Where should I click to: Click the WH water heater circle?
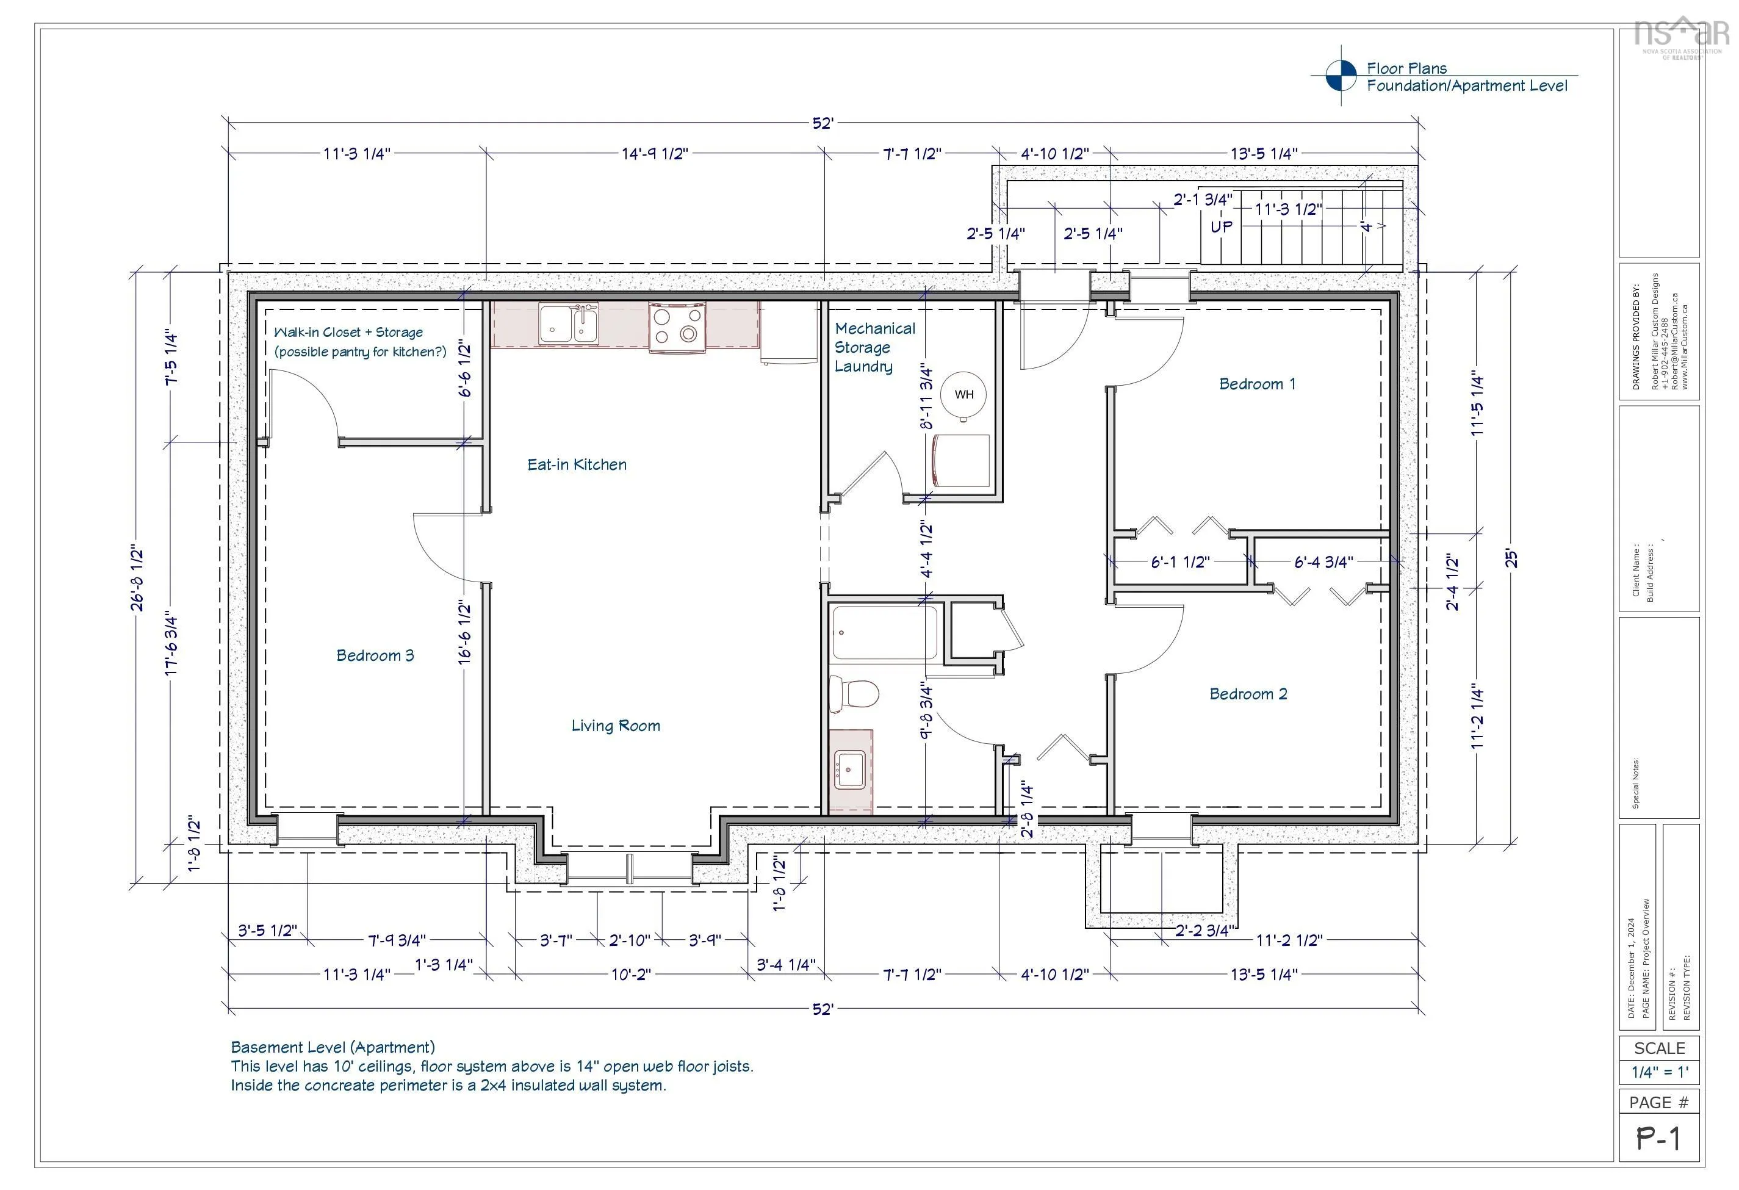tap(964, 394)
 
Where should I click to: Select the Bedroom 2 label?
tap(1248, 694)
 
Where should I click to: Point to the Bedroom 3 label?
tap(375, 655)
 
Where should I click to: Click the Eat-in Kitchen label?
tap(577, 465)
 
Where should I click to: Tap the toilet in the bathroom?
tap(853, 693)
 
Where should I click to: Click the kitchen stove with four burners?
tap(677, 326)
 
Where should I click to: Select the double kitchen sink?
tap(569, 324)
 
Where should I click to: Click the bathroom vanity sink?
tap(850, 770)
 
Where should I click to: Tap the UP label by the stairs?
tap(1221, 226)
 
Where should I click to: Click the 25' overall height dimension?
tap(1511, 559)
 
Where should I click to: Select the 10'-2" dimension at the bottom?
tap(631, 975)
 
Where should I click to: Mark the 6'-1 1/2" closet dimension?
tap(1180, 561)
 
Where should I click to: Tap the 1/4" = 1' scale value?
tap(1659, 1072)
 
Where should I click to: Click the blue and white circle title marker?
tap(1341, 76)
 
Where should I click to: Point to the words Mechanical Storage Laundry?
tap(874, 347)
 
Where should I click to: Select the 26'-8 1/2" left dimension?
tap(138, 579)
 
